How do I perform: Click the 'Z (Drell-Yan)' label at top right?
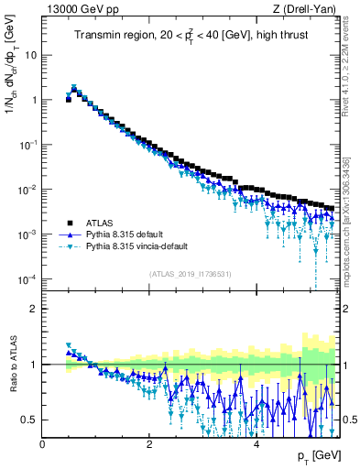tap(304, 8)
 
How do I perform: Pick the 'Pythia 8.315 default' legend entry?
tap(127, 234)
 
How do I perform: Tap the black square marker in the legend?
tap(68, 223)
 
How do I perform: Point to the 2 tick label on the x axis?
tap(149, 442)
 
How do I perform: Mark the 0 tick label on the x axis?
tap(43, 442)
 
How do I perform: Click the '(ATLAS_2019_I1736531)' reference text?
tap(189, 274)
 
